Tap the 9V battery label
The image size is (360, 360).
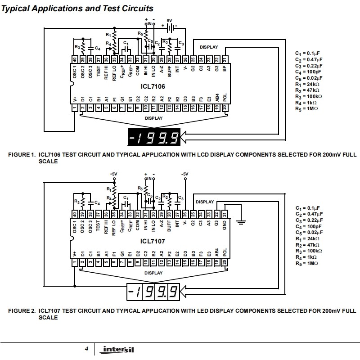(x=170, y=20)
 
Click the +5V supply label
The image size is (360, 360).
(x=114, y=174)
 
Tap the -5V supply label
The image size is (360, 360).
(x=184, y=174)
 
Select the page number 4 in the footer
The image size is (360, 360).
(x=86, y=349)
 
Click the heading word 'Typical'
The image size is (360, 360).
(x=17, y=9)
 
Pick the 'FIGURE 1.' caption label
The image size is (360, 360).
(x=22, y=154)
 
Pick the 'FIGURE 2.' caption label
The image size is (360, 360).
(x=22, y=310)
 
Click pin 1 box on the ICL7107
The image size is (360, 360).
(x=75, y=262)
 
